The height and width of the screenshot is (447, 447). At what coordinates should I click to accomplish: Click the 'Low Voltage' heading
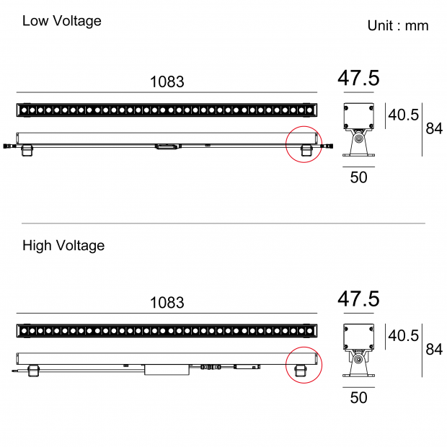coord(61,21)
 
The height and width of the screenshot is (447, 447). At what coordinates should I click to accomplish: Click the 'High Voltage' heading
coord(63,246)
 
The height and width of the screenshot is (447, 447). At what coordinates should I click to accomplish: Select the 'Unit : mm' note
coord(398,26)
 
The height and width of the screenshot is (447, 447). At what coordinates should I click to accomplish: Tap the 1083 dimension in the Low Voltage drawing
coord(167,82)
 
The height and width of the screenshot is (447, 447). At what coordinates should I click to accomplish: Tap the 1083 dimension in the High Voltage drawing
coord(167,303)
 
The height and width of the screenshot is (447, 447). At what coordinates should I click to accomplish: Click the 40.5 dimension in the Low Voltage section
coord(404,115)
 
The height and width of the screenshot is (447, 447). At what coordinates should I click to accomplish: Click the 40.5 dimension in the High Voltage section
coord(404,336)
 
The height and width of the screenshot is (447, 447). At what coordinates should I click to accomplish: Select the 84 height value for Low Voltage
coord(434,129)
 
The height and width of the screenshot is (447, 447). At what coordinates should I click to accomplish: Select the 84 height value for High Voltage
coord(434,350)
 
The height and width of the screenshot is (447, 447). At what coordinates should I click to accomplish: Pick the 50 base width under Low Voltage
coord(358,177)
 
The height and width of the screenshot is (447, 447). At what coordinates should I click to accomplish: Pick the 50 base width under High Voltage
coord(358,397)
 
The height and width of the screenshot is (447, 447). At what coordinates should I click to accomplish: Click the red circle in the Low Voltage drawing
coord(304,144)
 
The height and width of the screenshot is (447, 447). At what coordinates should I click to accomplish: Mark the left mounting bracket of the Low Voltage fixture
coord(27,149)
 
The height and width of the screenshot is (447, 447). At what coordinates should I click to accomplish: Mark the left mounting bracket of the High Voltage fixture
coord(32,370)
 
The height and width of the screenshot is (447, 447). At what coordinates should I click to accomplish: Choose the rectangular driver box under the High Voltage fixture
coord(167,369)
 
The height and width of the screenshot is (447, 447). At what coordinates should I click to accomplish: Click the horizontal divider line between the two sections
coord(223,223)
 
